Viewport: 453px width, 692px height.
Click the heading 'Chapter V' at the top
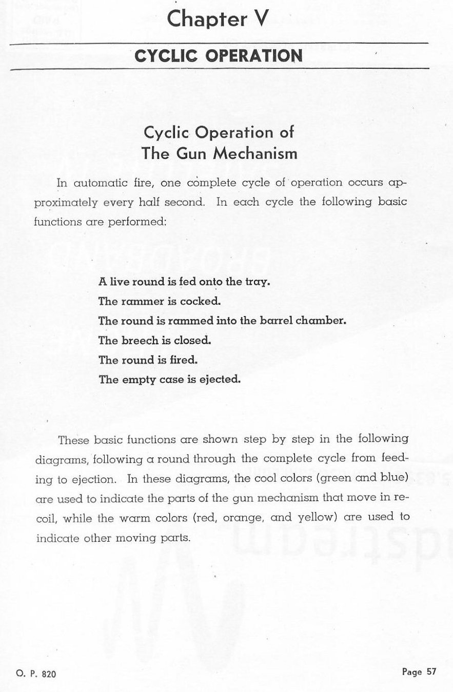click(218, 19)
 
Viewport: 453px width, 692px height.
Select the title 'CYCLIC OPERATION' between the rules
click(218, 55)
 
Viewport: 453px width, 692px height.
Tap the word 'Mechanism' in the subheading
click(262, 153)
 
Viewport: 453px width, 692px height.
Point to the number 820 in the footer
click(48, 674)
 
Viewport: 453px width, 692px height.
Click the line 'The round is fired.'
click(148, 360)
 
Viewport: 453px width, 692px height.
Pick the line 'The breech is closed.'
click(154, 341)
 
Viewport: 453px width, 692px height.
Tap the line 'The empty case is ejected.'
click(169, 380)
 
